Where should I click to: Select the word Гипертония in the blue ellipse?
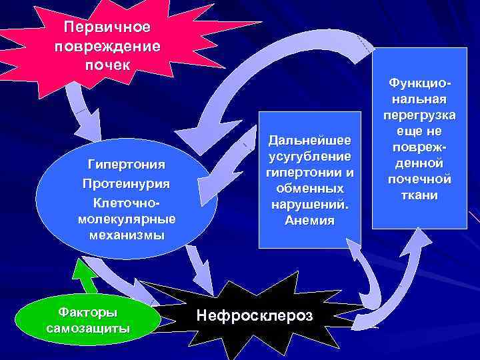[x=127, y=164]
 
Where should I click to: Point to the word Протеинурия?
[x=127, y=183]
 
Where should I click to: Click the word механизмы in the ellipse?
[x=127, y=235]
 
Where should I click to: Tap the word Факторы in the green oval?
[x=87, y=312]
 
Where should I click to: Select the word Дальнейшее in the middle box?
[x=309, y=139]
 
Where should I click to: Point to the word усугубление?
[x=309, y=156]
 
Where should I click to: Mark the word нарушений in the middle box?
[x=309, y=205]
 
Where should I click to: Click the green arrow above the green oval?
[x=85, y=275]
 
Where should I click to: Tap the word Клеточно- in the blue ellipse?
[x=127, y=201]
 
